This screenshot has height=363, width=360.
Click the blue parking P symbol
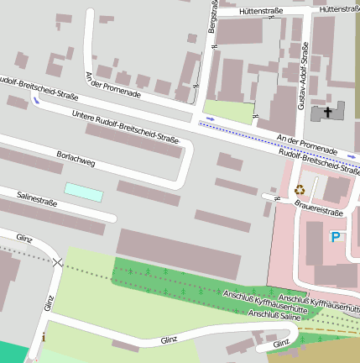[337, 238]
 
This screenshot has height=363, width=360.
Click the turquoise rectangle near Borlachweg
[84, 192]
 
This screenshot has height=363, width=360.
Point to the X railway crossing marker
[57, 263]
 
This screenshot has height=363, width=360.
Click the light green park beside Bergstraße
[227, 112]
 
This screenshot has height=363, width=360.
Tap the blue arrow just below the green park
[210, 118]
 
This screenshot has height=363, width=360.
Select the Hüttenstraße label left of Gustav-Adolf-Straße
[260, 11]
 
